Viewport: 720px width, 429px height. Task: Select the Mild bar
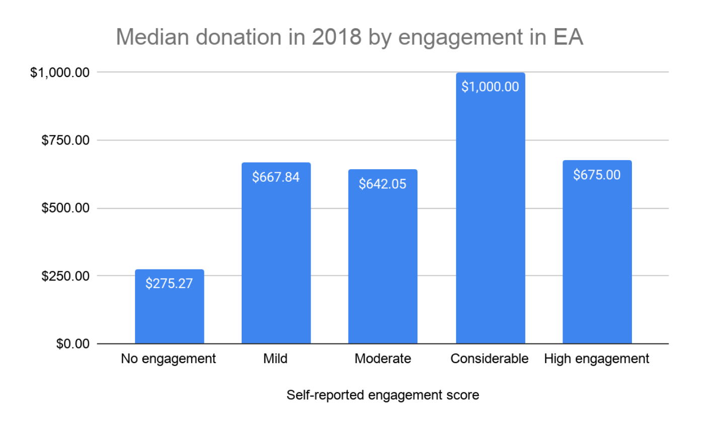pos(276,262)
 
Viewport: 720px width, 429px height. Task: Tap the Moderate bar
pos(383,267)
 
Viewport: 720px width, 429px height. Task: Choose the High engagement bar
pos(597,262)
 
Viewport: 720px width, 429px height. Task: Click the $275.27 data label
pos(169,283)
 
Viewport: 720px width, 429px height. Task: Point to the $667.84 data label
pos(276,177)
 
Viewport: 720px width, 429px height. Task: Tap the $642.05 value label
pos(383,184)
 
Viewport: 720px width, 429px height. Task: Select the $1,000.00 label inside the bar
pos(490,87)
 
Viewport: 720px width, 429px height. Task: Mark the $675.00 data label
pos(597,175)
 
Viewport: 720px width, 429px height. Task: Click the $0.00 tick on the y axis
pos(73,344)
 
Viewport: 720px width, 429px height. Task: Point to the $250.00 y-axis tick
pos(66,276)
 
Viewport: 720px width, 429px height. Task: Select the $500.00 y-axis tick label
pos(66,208)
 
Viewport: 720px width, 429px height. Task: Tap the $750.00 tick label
pos(66,140)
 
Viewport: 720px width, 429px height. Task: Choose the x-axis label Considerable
pos(489,359)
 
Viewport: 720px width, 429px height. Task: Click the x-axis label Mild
pos(275,359)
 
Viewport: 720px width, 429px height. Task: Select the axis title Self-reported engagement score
pos(383,395)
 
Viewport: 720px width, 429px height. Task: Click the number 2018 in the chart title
pos(336,37)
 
